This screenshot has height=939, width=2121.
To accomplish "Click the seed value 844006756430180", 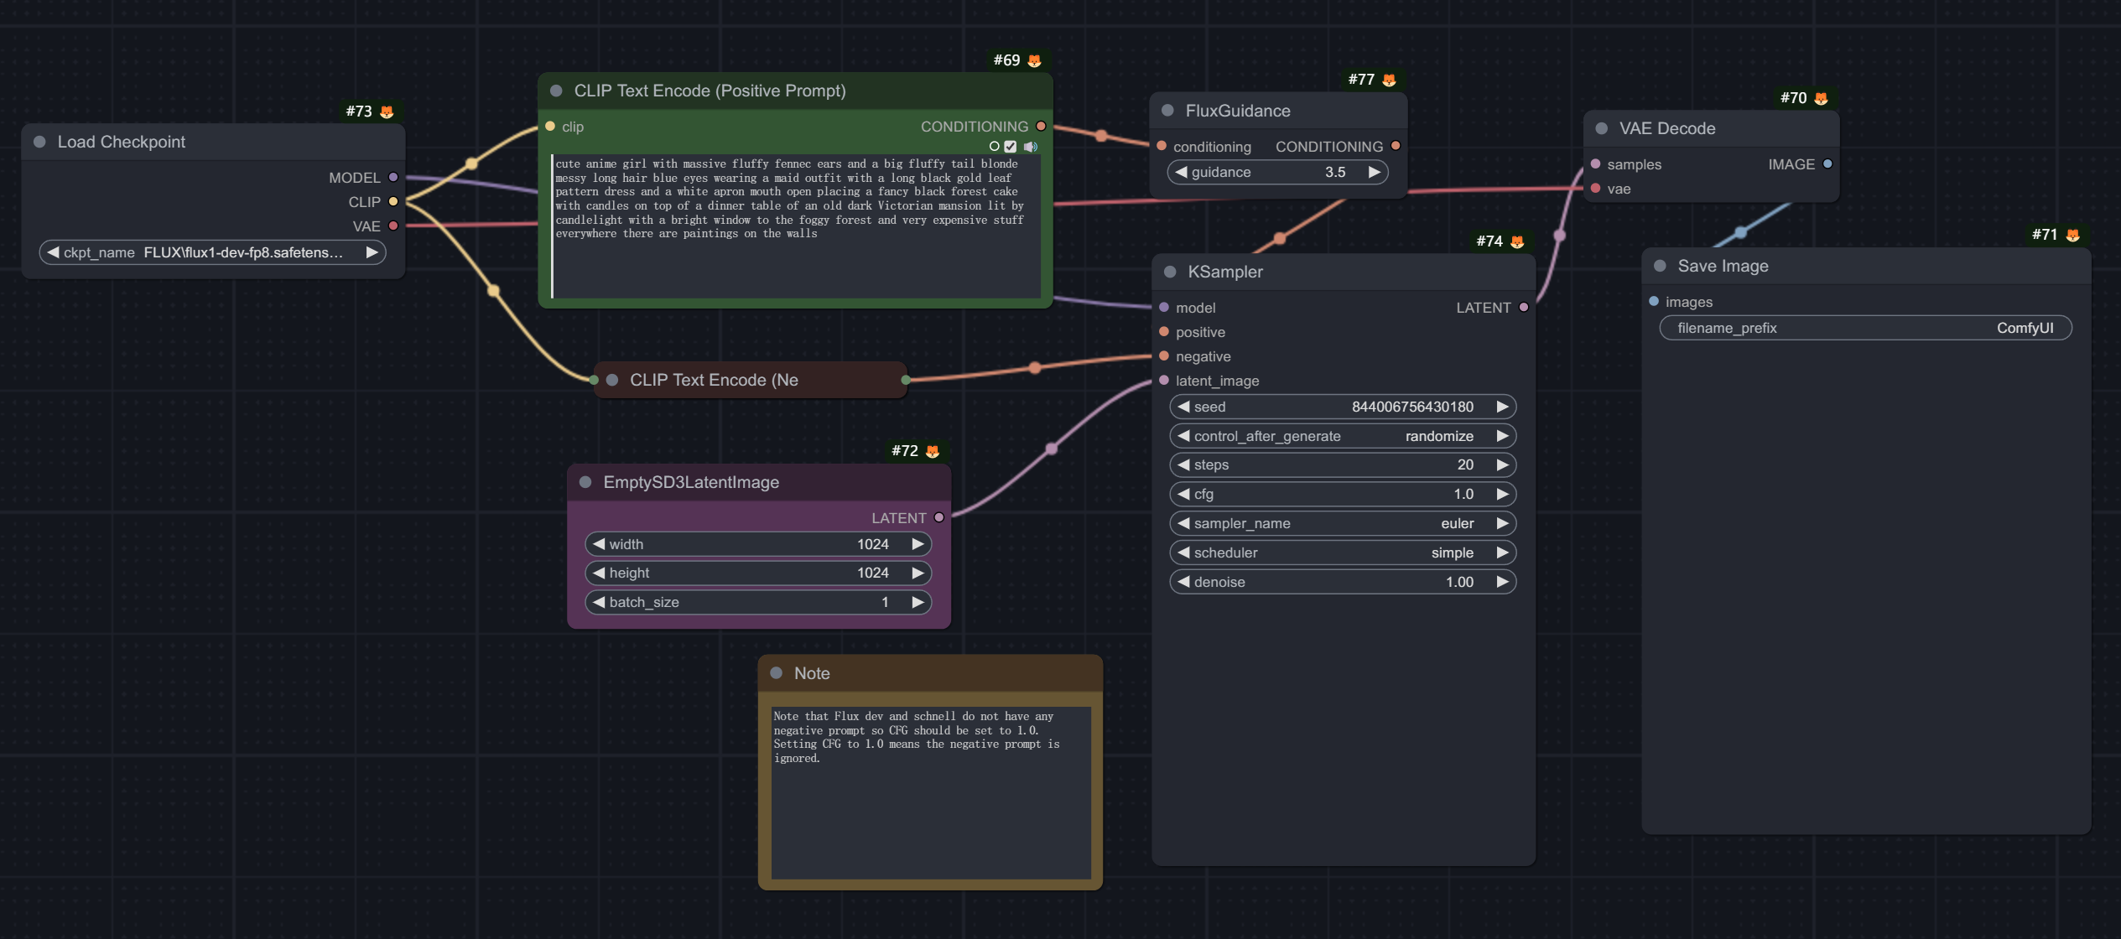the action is click(x=1412, y=407).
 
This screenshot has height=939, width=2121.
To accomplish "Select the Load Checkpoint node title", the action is click(x=122, y=142).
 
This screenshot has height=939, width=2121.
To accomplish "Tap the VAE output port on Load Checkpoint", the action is click(x=393, y=226).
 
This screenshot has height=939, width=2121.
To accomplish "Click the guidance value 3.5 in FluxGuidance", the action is click(x=1335, y=172).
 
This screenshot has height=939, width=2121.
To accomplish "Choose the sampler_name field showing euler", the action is click(x=1343, y=523).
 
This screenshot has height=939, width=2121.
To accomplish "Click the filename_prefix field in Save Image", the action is click(x=1865, y=328).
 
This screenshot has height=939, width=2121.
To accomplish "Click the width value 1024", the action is click(x=872, y=544).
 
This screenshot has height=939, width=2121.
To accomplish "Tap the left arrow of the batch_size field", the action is click(x=599, y=602).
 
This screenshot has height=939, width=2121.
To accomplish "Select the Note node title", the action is click(x=812, y=673).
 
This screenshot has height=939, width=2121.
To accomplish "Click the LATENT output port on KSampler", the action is click(x=1524, y=308).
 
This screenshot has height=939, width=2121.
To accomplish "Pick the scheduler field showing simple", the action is click(x=1343, y=553).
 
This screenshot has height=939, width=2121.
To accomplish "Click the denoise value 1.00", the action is click(x=1459, y=582).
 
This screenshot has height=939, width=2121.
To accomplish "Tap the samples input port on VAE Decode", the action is click(x=1595, y=164).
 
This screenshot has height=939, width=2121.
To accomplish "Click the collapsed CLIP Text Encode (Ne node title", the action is click(x=714, y=380).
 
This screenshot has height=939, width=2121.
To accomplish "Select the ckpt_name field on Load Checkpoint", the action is click(x=213, y=252).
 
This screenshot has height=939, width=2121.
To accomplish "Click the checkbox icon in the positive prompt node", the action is click(x=1011, y=147).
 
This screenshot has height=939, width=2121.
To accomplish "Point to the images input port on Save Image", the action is click(x=1654, y=302).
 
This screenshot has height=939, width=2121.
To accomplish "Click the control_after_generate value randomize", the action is click(x=1439, y=436).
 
